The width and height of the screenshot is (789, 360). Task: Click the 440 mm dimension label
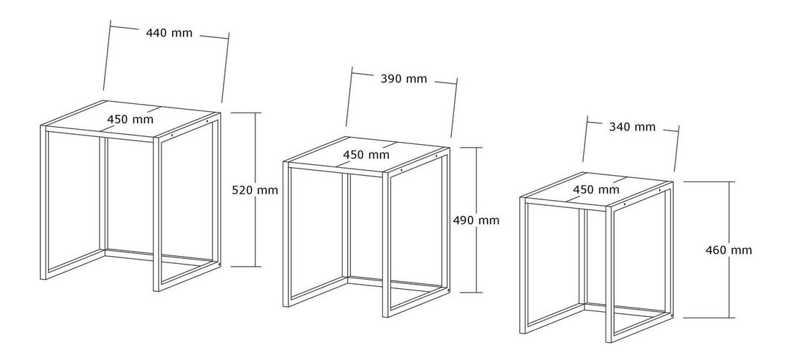(169, 33)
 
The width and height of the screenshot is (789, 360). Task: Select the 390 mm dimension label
(404, 79)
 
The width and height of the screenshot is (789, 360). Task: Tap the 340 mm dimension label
(633, 127)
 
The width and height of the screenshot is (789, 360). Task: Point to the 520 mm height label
(255, 191)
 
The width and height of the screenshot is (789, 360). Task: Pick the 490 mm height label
(476, 220)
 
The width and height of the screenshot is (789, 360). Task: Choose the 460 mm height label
(729, 250)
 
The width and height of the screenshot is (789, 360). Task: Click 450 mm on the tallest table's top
(131, 120)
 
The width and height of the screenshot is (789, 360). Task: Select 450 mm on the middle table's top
(367, 155)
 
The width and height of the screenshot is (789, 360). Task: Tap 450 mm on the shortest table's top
(596, 190)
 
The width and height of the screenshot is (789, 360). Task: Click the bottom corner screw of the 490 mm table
(449, 290)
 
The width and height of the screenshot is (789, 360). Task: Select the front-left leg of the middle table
(286, 235)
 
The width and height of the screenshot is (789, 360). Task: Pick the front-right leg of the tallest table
(156, 214)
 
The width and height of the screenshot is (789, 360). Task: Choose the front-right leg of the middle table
(386, 245)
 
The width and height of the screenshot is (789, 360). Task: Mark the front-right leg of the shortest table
(610, 275)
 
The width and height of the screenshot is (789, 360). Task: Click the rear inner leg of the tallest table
(104, 194)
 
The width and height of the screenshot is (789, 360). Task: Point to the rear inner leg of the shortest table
(582, 257)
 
